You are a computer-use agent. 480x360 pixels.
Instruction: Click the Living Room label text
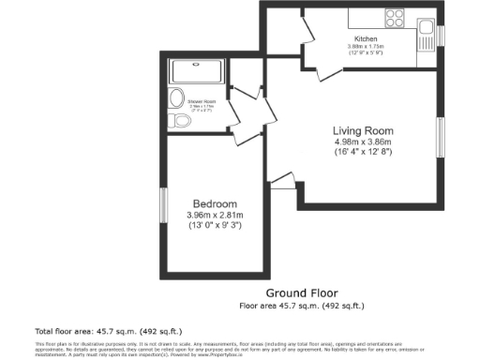click(362, 130)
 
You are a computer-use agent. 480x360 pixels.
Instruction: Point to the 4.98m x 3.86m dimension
click(362, 142)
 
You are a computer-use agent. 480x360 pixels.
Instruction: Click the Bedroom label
click(215, 204)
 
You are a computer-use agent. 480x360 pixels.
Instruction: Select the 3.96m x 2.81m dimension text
click(215, 216)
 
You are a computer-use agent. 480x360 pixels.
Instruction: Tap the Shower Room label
click(201, 99)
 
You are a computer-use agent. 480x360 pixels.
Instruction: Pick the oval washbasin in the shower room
click(174, 99)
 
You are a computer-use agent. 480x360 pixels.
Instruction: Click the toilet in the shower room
click(172, 122)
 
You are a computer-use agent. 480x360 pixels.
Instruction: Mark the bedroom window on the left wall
click(162, 205)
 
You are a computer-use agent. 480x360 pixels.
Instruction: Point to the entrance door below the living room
click(281, 184)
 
